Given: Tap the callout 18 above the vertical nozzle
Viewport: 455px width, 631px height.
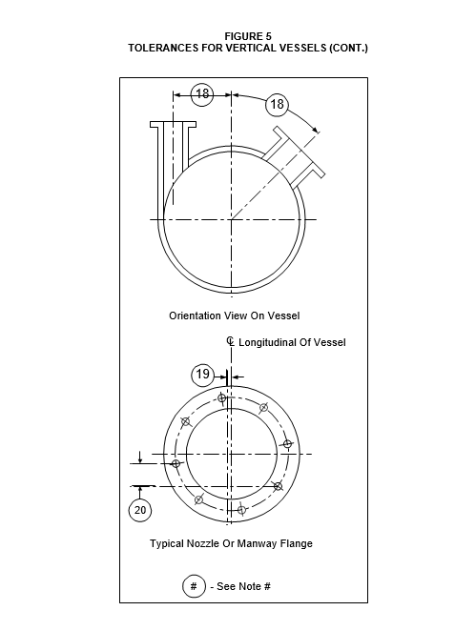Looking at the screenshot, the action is point(201,94).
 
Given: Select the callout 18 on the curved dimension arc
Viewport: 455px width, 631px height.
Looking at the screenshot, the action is point(277,105).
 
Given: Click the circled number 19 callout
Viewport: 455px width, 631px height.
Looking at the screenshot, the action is point(202,375).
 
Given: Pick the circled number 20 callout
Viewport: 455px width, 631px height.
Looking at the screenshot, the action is point(140,510).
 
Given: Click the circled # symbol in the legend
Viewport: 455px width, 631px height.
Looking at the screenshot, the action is point(194,586).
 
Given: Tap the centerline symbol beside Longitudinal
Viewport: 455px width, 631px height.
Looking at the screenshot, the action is point(230,341).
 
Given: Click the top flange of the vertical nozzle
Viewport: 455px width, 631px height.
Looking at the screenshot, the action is point(174,124).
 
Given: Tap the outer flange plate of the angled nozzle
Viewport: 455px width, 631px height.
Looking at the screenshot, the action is point(299,152).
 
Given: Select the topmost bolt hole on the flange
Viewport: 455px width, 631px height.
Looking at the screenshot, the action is point(222,398).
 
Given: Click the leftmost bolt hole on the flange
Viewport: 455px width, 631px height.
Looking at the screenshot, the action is point(176,463).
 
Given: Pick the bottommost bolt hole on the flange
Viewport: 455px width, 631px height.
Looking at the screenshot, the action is point(241,510).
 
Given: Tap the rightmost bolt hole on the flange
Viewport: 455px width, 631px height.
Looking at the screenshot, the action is point(287,444).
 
